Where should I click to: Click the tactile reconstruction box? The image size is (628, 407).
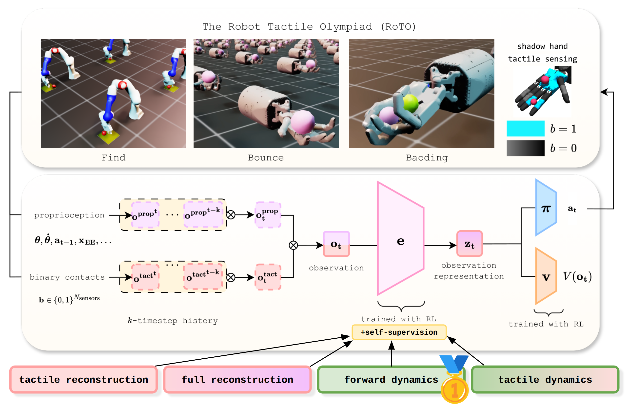click(83, 379)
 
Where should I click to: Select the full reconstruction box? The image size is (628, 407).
click(237, 379)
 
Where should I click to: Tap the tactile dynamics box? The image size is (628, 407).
click(545, 379)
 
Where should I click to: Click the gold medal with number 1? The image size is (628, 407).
click(454, 390)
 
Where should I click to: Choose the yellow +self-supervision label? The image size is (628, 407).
click(399, 332)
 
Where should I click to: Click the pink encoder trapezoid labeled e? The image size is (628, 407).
click(400, 239)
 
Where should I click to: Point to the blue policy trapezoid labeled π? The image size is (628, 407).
click(546, 208)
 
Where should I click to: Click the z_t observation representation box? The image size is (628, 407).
click(470, 244)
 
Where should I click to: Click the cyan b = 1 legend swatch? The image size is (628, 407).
click(525, 128)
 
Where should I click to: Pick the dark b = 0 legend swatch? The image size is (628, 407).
click(525, 148)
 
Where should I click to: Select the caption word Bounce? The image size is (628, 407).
click(266, 157)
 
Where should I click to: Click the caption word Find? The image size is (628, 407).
click(114, 157)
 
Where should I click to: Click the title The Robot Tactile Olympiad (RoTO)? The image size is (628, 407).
click(309, 27)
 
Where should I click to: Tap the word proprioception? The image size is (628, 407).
click(69, 215)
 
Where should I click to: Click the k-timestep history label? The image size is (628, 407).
click(173, 320)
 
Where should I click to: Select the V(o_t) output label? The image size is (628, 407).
click(577, 276)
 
